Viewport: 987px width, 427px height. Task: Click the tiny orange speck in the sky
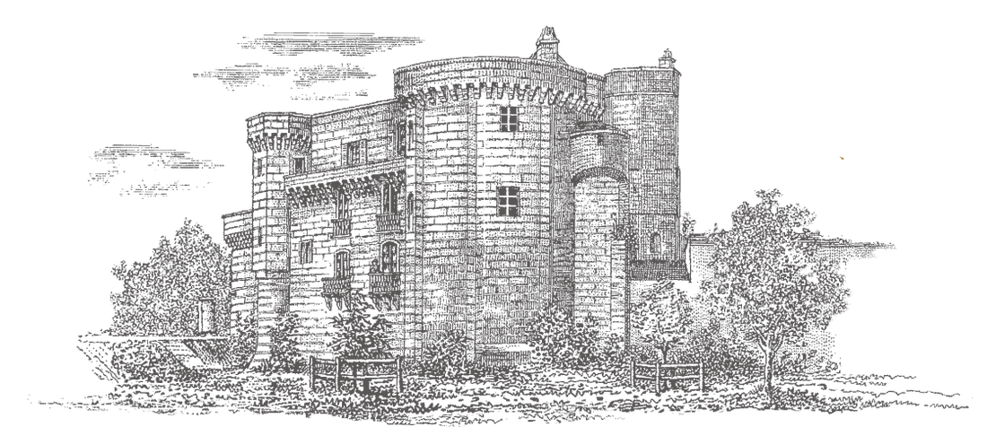(x=842, y=158)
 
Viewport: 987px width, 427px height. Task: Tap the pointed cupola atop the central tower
(x=546, y=40)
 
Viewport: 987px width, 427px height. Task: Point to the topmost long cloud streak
(x=332, y=41)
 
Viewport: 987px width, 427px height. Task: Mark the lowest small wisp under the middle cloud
(x=332, y=97)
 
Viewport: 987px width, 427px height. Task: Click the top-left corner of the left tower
(x=251, y=117)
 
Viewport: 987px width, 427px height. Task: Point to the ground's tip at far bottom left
(x=31, y=397)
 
